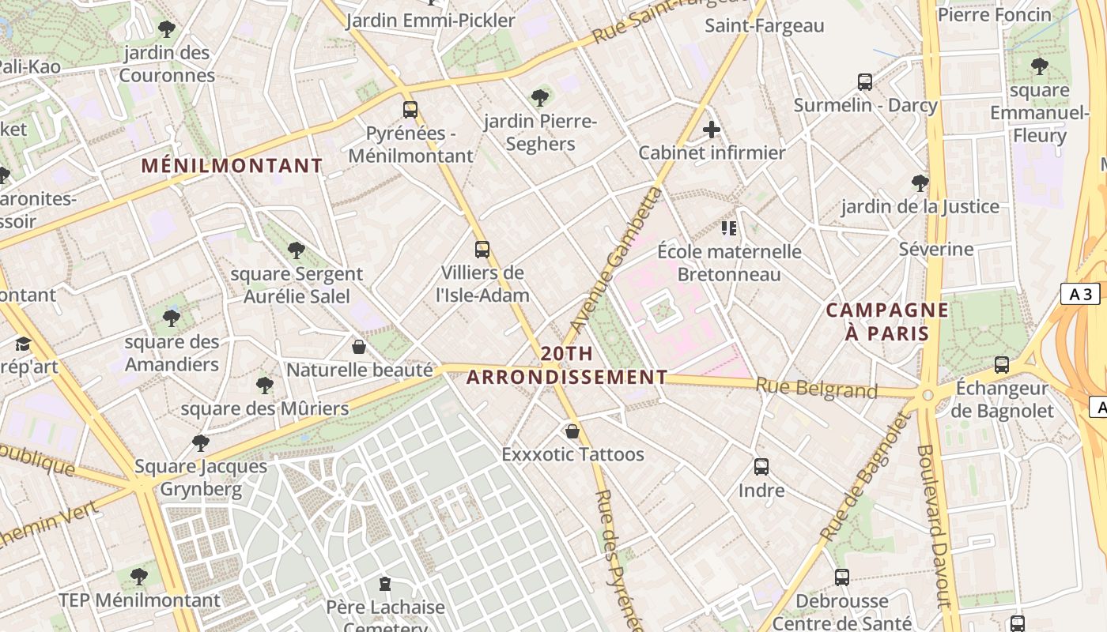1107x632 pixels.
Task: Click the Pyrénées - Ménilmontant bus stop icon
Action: (410, 110)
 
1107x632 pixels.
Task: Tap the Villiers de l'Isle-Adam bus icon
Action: (482, 250)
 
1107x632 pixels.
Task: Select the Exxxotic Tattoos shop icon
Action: (572, 431)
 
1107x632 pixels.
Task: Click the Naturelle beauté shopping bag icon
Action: (359, 347)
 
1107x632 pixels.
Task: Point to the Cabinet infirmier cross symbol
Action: (712, 130)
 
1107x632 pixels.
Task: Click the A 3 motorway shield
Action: (1080, 295)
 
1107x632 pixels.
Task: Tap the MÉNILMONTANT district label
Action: (232, 166)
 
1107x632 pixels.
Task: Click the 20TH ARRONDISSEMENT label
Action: (567, 366)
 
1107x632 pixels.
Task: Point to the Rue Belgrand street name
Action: (817, 388)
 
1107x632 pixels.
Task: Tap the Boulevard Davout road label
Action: (932, 525)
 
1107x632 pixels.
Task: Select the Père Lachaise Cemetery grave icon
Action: (385, 585)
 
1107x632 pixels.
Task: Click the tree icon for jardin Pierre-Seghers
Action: (540, 98)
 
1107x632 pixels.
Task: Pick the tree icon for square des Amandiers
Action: (171, 318)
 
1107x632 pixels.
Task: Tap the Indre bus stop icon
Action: (761, 467)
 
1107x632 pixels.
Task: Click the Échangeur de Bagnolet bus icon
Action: (1002, 365)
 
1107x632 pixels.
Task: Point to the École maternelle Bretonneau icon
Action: (729, 228)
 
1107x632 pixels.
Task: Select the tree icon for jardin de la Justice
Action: (920, 183)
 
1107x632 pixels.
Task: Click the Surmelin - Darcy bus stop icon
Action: (865, 81)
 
